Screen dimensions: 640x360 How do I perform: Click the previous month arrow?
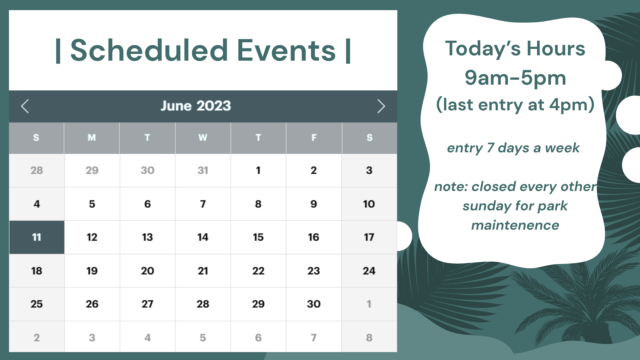click(25, 106)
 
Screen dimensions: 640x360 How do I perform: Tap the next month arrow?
click(381, 106)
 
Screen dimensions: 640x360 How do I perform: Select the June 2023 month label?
click(196, 106)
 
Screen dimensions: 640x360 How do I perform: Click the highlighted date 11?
click(37, 237)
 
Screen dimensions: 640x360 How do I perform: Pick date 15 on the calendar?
click(258, 237)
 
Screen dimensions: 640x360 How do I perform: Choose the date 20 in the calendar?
click(147, 271)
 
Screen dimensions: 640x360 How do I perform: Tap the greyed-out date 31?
click(203, 170)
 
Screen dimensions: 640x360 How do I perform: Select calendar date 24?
click(369, 271)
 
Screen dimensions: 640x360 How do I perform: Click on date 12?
click(92, 237)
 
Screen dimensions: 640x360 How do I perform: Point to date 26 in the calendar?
click(92, 304)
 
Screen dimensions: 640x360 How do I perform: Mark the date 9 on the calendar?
click(314, 204)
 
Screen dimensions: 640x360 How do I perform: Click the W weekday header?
click(203, 137)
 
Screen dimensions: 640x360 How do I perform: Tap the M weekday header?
click(92, 137)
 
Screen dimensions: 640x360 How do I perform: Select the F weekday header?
click(314, 137)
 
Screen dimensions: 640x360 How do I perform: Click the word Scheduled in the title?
click(149, 50)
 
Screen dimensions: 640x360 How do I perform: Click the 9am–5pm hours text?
click(515, 78)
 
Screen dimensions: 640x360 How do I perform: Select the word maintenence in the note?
click(515, 225)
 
